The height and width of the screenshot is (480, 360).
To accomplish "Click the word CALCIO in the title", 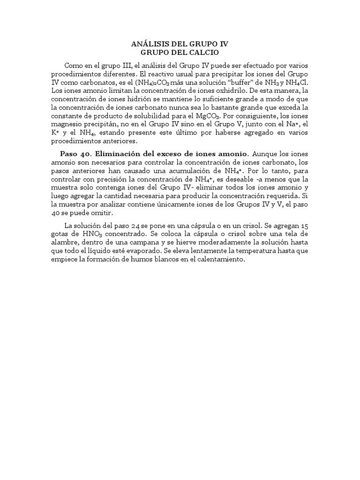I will (203, 52).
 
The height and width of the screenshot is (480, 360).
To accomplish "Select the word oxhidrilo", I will (239, 90).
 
